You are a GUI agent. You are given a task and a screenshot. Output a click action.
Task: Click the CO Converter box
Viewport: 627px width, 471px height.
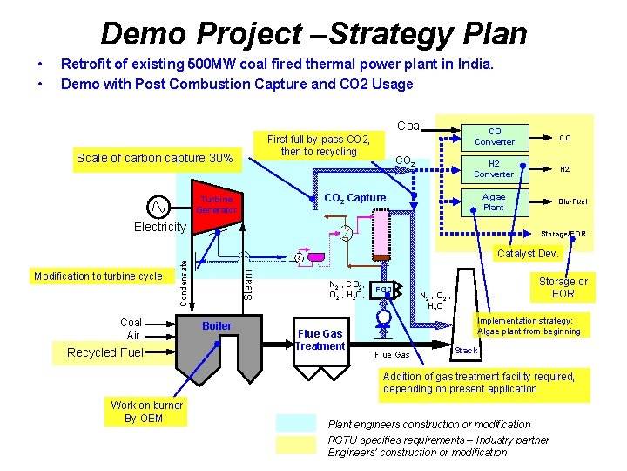(x=494, y=136)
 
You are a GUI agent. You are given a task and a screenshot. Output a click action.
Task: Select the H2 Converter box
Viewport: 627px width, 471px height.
(x=494, y=168)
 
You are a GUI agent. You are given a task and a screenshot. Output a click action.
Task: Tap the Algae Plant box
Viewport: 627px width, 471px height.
(x=493, y=201)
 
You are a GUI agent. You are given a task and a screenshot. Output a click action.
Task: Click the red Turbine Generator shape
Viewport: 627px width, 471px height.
(x=213, y=204)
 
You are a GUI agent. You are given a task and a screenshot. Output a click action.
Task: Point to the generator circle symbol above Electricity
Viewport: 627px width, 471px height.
(x=158, y=207)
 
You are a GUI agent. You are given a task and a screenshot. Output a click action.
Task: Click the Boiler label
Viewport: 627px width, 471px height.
(x=217, y=326)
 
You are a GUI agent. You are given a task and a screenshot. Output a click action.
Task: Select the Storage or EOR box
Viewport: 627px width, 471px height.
(x=563, y=287)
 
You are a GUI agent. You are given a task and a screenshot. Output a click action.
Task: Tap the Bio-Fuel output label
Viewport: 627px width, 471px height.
(x=572, y=201)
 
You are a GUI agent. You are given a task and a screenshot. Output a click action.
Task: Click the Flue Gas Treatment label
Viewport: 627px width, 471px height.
(x=320, y=339)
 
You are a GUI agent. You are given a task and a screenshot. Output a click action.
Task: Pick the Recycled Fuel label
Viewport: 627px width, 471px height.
(x=104, y=352)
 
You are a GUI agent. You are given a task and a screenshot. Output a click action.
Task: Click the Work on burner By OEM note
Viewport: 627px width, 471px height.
(x=147, y=412)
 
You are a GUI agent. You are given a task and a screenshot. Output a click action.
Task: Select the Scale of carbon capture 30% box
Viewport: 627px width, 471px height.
(x=154, y=158)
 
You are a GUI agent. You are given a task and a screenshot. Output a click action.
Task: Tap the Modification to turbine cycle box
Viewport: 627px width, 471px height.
(x=98, y=276)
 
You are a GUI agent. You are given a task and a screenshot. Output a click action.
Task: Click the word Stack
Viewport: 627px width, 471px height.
(x=467, y=351)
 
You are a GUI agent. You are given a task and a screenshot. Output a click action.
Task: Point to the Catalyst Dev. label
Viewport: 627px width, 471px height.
(x=527, y=255)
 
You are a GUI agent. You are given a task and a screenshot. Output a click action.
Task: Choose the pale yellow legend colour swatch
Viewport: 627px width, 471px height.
(x=297, y=446)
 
